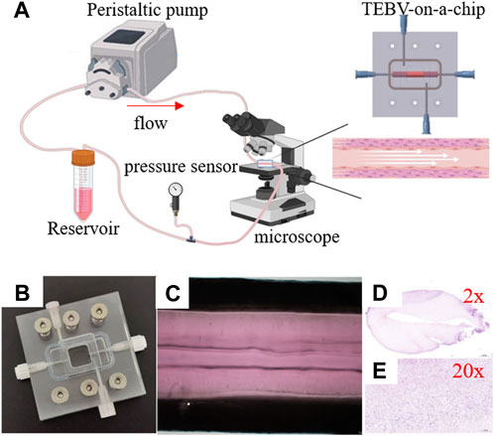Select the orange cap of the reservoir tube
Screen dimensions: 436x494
[78, 158]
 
